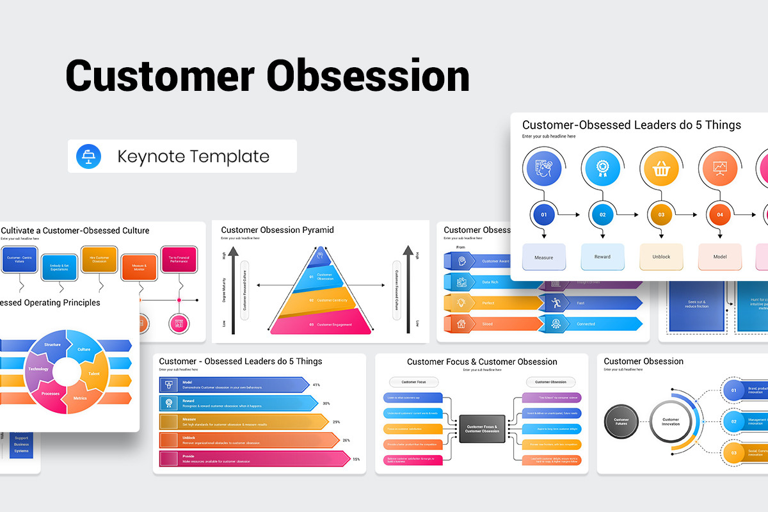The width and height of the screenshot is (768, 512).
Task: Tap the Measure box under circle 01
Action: (x=544, y=257)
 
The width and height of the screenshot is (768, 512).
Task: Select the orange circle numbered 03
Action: (x=661, y=215)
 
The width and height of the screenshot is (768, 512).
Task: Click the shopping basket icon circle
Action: (x=661, y=169)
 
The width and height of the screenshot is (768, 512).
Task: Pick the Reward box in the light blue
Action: (x=602, y=257)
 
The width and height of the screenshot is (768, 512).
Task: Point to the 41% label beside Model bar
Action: (x=316, y=385)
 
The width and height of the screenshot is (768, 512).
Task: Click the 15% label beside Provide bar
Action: (x=356, y=459)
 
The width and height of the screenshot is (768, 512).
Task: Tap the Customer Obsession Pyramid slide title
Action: (x=277, y=230)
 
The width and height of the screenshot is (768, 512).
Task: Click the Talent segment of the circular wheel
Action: (x=95, y=373)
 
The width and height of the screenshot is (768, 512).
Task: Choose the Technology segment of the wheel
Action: (x=38, y=369)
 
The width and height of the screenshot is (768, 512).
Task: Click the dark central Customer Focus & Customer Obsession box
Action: (x=482, y=429)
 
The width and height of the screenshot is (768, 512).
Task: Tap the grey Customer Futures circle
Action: (x=621, y=422)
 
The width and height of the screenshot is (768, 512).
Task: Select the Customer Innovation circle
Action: (x=670, y=422)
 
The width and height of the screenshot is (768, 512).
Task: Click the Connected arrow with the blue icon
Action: (x=589, y=324)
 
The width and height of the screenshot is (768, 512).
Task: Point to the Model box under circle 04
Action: (x=719, y=257)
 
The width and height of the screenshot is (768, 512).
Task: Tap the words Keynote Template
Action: (x=193, y=156)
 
